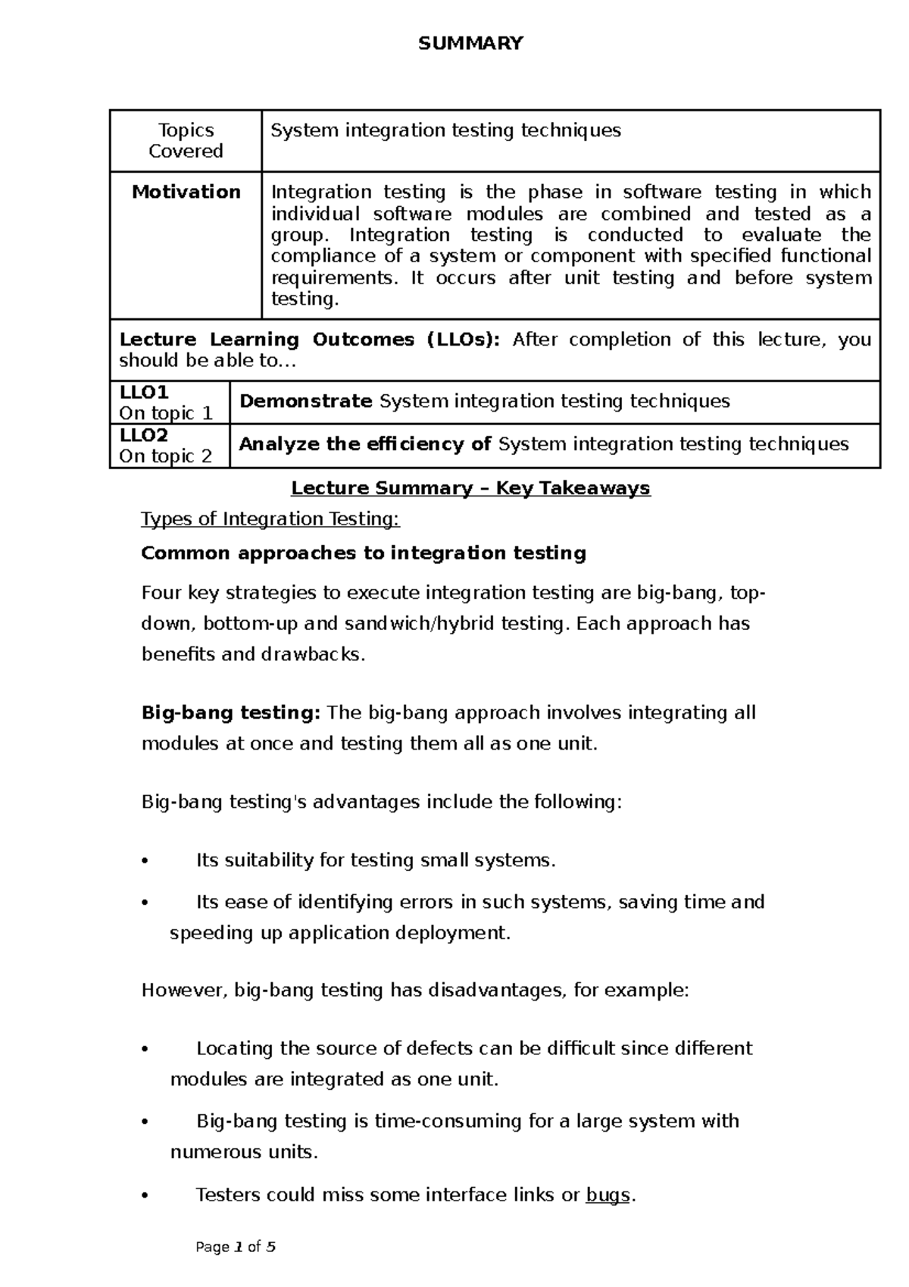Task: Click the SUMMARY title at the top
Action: [470, 43]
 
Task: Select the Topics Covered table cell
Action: [186, 140]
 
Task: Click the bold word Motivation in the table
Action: [186, 192]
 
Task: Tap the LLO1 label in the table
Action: [144, 392]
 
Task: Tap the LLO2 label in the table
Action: [144, 435]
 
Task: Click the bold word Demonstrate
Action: [305, 401]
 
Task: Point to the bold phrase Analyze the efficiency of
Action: [365, 444]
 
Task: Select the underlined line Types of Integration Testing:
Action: [270, 519]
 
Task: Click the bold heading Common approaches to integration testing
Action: [364, 553]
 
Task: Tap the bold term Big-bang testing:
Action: [231, 713]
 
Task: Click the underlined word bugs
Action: [608, 1195]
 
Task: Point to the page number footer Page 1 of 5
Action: [236, 1247]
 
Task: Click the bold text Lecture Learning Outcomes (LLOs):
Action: [309, 340]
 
